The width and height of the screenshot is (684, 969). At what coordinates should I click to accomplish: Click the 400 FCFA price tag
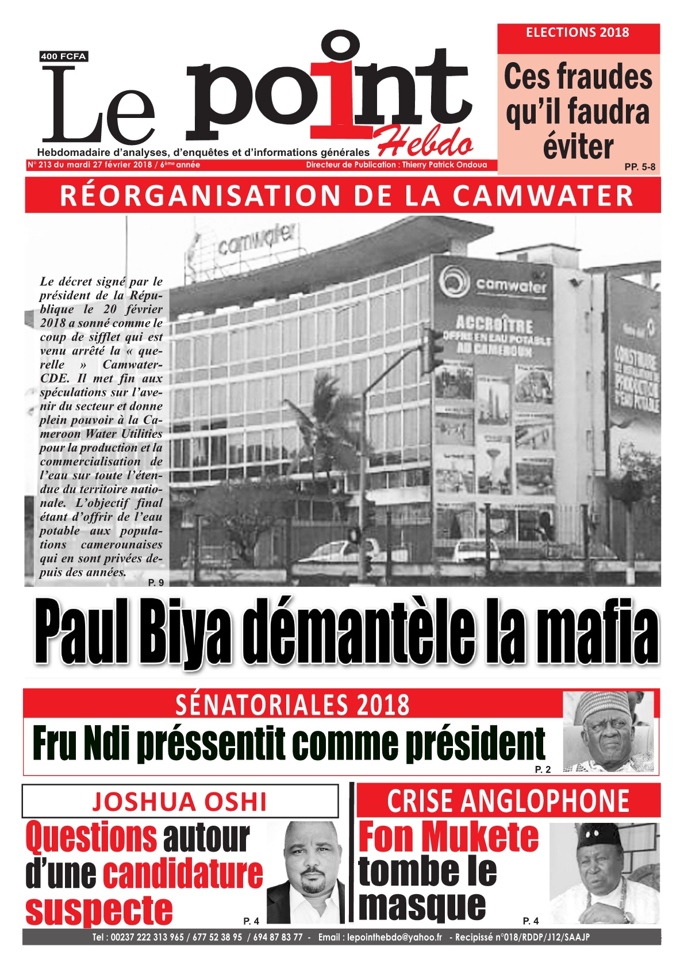[x=63, y=56]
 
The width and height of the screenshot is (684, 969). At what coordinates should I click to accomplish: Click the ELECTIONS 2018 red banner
[x=578, y=33]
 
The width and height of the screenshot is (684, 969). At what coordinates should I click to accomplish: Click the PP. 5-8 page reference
[x=639, y=167]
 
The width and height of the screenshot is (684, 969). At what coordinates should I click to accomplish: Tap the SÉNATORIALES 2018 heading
[x=292, y=704]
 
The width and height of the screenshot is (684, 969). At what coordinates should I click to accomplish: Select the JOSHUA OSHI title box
[x=180, y=801]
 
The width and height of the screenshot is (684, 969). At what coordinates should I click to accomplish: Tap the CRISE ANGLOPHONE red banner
[x=508, y=800]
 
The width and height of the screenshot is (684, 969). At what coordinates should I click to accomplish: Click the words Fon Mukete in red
[x=448, y=837]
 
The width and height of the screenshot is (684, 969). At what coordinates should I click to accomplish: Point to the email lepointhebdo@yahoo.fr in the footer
[x=395, y=937]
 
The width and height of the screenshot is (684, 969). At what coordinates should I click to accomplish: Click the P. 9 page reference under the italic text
[x=156, y=582]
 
